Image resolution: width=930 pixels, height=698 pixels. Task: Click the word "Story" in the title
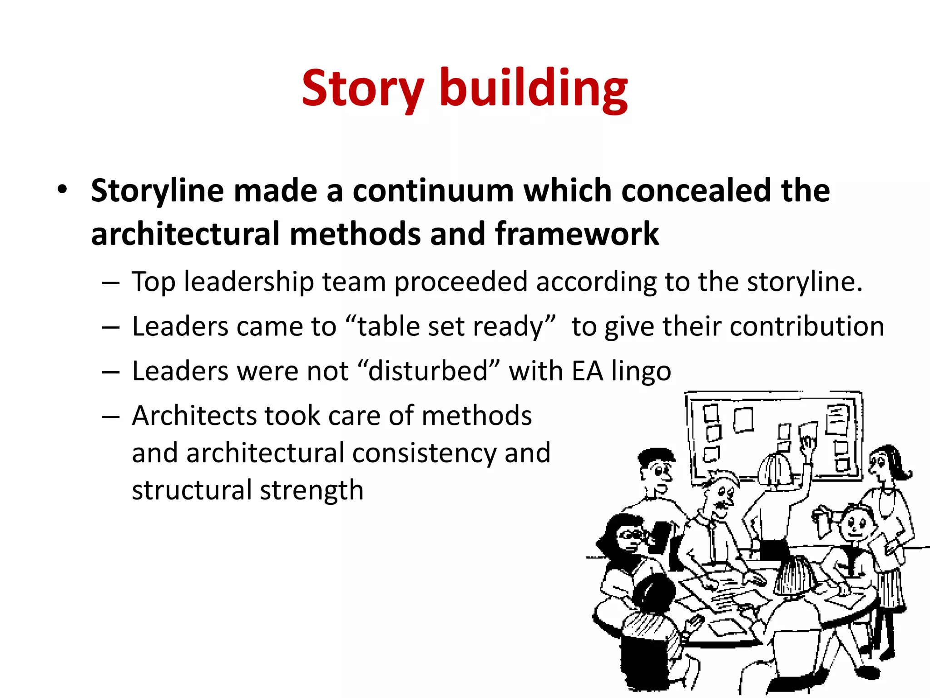tap(362, 89)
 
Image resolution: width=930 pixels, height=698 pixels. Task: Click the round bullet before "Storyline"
tap(62, 190)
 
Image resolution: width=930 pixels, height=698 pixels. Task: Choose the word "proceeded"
tap(460, 283)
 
